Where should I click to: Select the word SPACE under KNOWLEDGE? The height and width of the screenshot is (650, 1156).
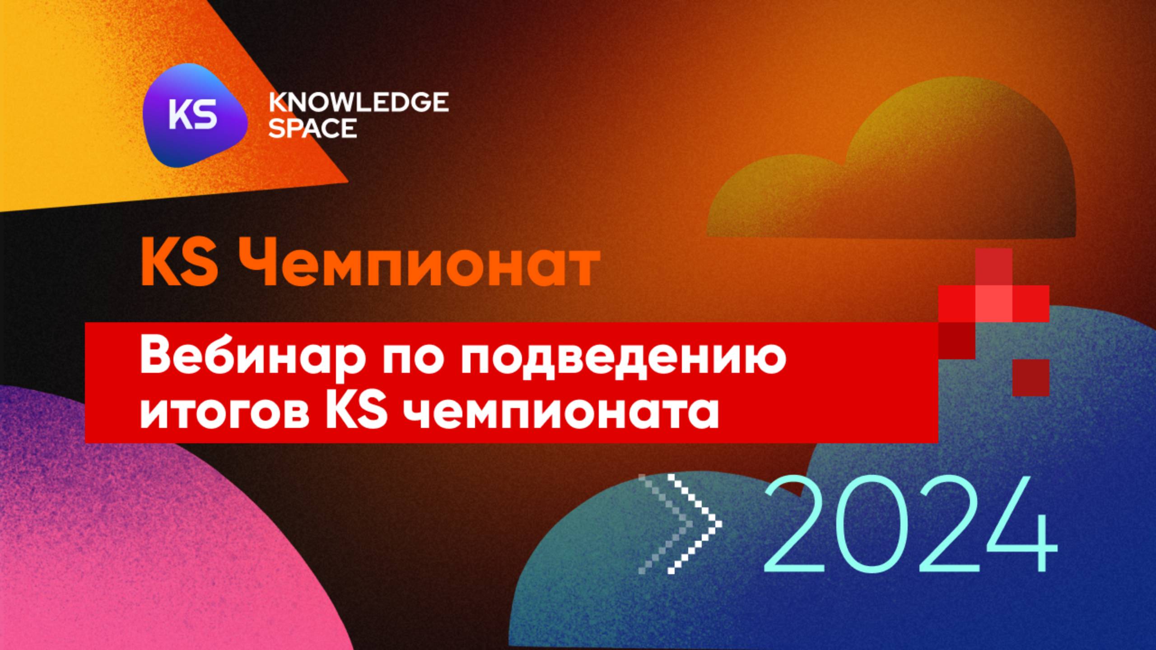[x=312, y=128]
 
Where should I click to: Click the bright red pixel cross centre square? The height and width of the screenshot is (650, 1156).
[x=993, y=303]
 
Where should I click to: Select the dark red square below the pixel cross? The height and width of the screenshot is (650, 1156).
[x=1030, y=378]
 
